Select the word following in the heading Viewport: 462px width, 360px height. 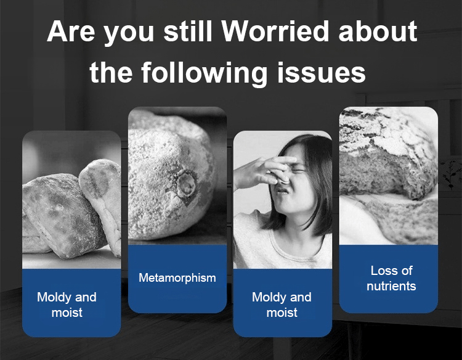(x=204, y=73)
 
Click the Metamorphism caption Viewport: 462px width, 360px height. (x=177, y=278)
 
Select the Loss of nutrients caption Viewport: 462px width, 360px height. (x=391, y=279)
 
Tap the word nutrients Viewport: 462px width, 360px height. (x=391, y=286)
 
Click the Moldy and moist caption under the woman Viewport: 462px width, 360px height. (x=282, y=305)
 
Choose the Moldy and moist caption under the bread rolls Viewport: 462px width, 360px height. (x=67, y=305)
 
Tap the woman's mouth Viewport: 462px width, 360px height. (x=282, y=190)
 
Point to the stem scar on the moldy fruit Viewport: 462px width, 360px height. (x=185, y=184)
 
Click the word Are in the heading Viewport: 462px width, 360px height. (x=71, y=31)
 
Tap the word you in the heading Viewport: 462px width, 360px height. (x=129, y=34)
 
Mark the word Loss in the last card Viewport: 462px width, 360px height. (x=381, y=271)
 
